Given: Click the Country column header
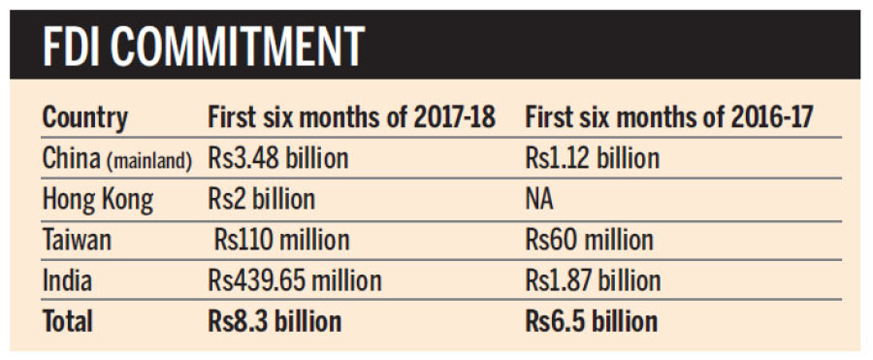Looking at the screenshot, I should click(x=85, y=118).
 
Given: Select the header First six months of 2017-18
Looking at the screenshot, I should click(x=352, y=118).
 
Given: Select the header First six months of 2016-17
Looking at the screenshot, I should click(x=668, y=118).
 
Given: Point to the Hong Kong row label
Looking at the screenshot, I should click(x=97, y=200).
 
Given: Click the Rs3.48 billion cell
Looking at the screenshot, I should click(x=277, y=159).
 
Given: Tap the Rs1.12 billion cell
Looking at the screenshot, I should click(x=592, y=159).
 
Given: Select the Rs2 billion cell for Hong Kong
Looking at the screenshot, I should click(x=262, y=200).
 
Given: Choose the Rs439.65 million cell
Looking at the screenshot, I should click(x=295, y=280).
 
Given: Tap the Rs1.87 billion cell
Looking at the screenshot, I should click(x=593, y=280).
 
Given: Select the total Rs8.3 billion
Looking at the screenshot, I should click(x=275, y=321).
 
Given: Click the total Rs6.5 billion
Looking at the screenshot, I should click(x=592, y=321).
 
